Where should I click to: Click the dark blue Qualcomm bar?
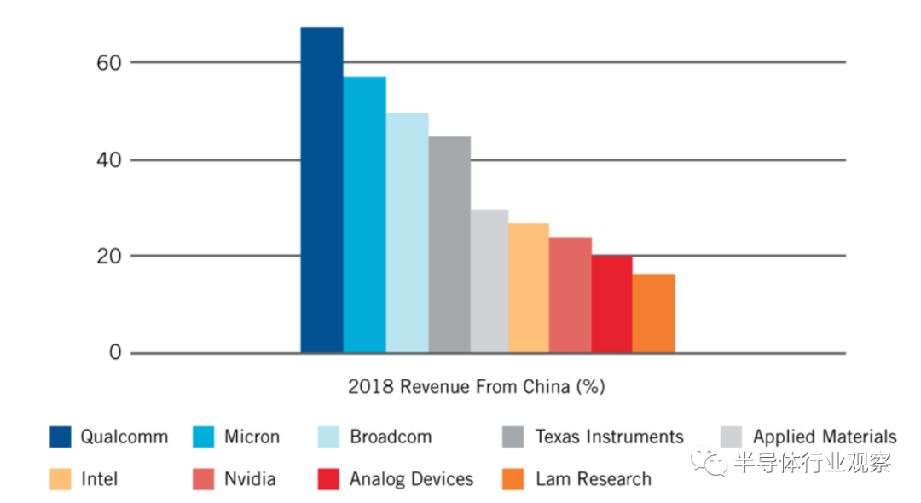click(321, 190)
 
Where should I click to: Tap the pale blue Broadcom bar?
click(407, 233)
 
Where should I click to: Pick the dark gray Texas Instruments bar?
click(449, 245)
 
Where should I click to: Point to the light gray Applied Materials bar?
click(489, 281)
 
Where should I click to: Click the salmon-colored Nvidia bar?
click(571, 295)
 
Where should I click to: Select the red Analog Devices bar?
click(611, 304)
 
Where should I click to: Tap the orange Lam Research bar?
click(653, 313)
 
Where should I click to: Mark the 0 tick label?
click(114, 353)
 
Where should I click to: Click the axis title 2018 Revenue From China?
click(476, 386)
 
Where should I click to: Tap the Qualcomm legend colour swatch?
click(61, 437)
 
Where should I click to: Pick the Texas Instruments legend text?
click(609, 437)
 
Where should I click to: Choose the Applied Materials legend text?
click(824, 437)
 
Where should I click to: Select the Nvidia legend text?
click(250, 479)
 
